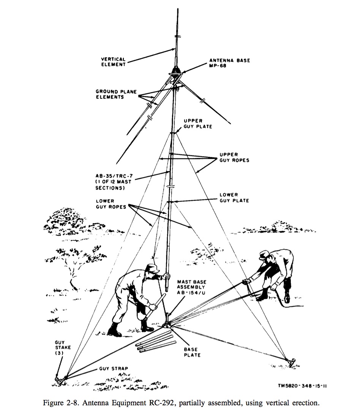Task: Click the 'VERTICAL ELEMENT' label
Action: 114,62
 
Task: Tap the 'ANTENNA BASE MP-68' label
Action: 230,63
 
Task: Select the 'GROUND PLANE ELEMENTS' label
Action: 116,94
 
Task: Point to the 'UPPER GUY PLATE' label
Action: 198,124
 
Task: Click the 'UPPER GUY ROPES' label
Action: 234,157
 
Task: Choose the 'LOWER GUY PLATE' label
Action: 234,198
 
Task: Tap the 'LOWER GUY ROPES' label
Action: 111,204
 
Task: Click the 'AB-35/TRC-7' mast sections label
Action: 114,182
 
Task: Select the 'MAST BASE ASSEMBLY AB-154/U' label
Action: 192,287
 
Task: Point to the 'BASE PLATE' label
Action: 192,352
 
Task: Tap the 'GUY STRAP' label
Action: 114,368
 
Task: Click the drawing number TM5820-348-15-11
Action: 302,386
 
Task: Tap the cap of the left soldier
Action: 152,268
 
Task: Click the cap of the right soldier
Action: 264,255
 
